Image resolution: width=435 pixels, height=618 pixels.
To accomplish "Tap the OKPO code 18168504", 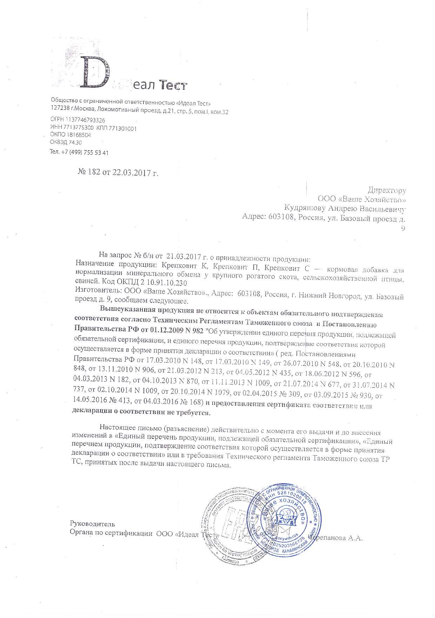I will click(x=76, y=134).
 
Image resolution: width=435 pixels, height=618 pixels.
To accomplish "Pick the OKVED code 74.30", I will click(x=75, y=142).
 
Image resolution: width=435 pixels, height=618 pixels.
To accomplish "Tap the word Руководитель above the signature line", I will click(x=92, y=524).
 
